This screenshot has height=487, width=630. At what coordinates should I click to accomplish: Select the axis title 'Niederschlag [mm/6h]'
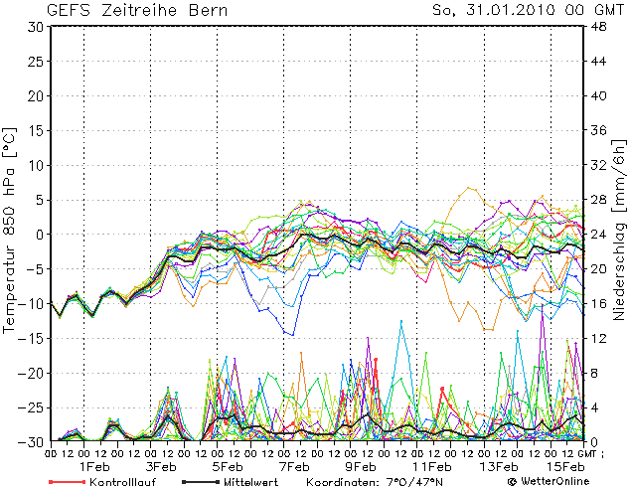(x=618, y=234)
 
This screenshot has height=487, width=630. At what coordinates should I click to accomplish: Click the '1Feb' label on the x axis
(x=94, y=466)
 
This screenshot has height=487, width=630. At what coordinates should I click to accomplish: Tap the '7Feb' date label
(x=295, y=466)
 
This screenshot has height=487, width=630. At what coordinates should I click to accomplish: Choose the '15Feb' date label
(x=564, y=466)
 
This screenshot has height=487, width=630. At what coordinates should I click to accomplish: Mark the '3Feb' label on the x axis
(x=162, y=466)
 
